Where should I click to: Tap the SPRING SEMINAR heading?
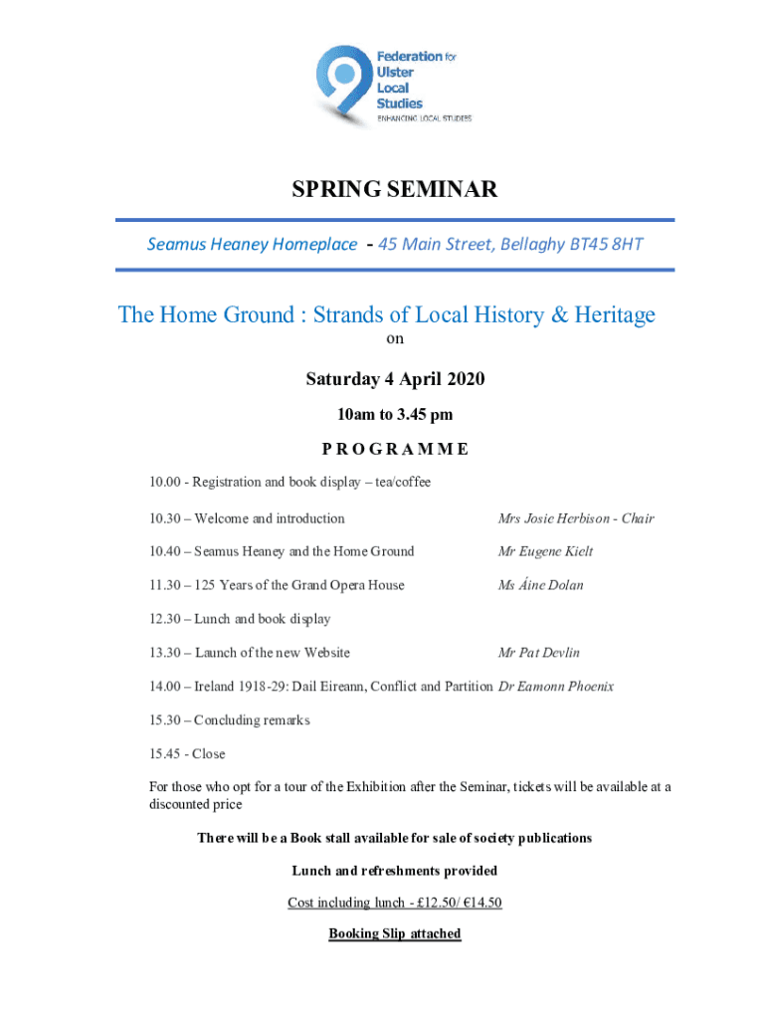pyautogui.click(x=394, y=189)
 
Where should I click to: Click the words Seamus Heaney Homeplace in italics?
pyautogui.click(x=252, y=244)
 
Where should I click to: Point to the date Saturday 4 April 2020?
pyautogui.click(x=394, y=380)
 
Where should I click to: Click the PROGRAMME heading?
pyautogui.click(x=394, y=448)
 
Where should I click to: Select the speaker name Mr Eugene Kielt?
pyautogui.click(x=545, y=551)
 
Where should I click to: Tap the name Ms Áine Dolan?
pyautogui.click(x=541, y=585)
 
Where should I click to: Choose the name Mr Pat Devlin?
pyautogui.click(x=538, y=653)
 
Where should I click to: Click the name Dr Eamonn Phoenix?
pyautogui.click(x=555, y=686)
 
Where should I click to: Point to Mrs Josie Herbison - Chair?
pyautogui.click(x=576, y=518)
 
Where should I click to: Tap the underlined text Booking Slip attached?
pyautogui.click(x=394, y=933)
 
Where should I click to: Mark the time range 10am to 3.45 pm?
pyautogui.click(x=394, y=414)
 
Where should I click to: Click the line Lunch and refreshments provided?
pyautogui.click(x=394, y=871)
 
